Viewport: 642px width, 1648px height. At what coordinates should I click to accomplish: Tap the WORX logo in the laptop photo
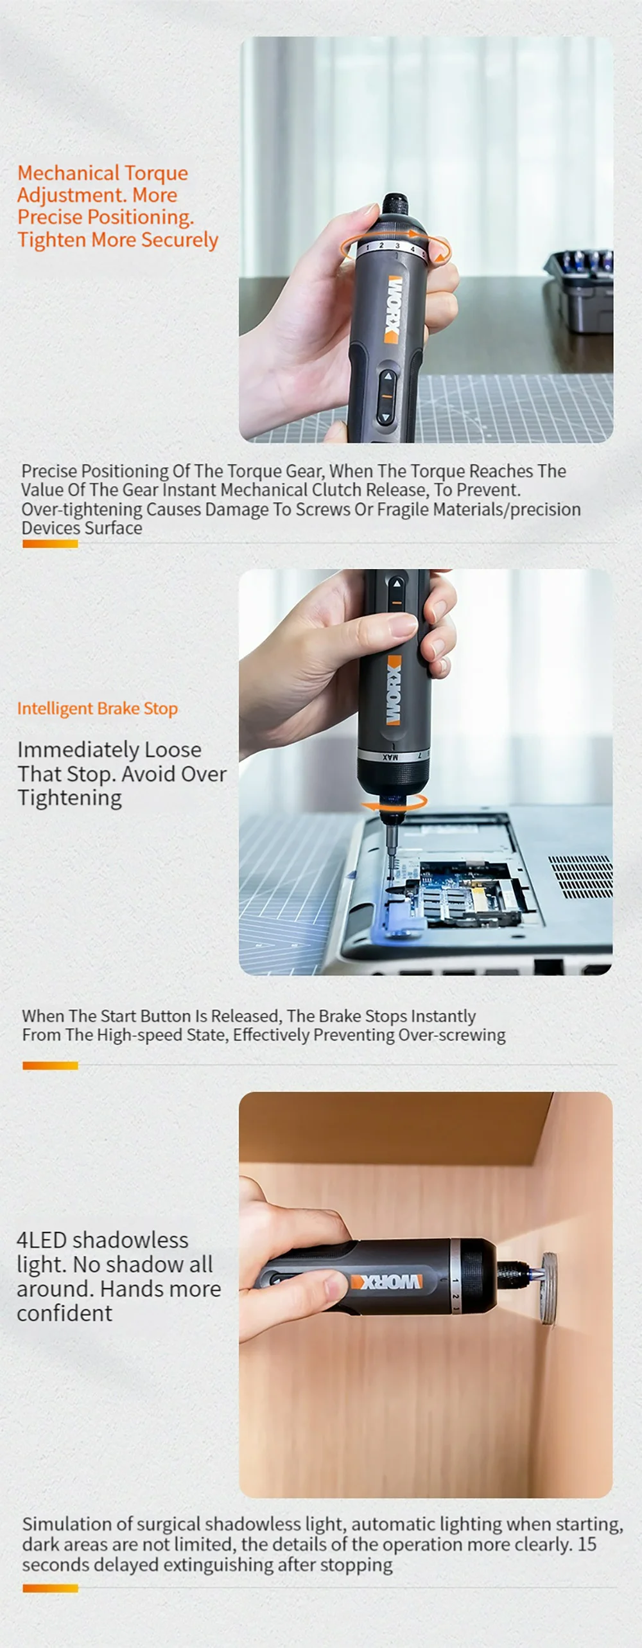tap(393, 691)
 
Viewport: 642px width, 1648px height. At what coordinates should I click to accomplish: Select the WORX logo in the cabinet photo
tap(386, 1282)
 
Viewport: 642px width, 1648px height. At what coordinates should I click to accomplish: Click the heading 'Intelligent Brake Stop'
tap(98, 708)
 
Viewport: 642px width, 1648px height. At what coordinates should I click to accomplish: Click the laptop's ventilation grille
tap(581, 876)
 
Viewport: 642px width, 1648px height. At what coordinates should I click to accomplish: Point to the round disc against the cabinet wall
tap(548, 1288)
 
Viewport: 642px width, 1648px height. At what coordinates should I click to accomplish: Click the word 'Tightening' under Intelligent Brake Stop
tap(69, 798)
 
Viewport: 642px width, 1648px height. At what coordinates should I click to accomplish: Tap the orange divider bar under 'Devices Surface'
tap(50, 544)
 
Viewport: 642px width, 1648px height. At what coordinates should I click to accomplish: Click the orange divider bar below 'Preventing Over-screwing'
tap(50, 1065)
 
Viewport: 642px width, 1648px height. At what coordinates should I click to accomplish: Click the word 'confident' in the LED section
tap(64, 1313)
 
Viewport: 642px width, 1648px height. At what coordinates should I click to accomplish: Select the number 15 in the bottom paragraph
tap(587, 1544)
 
